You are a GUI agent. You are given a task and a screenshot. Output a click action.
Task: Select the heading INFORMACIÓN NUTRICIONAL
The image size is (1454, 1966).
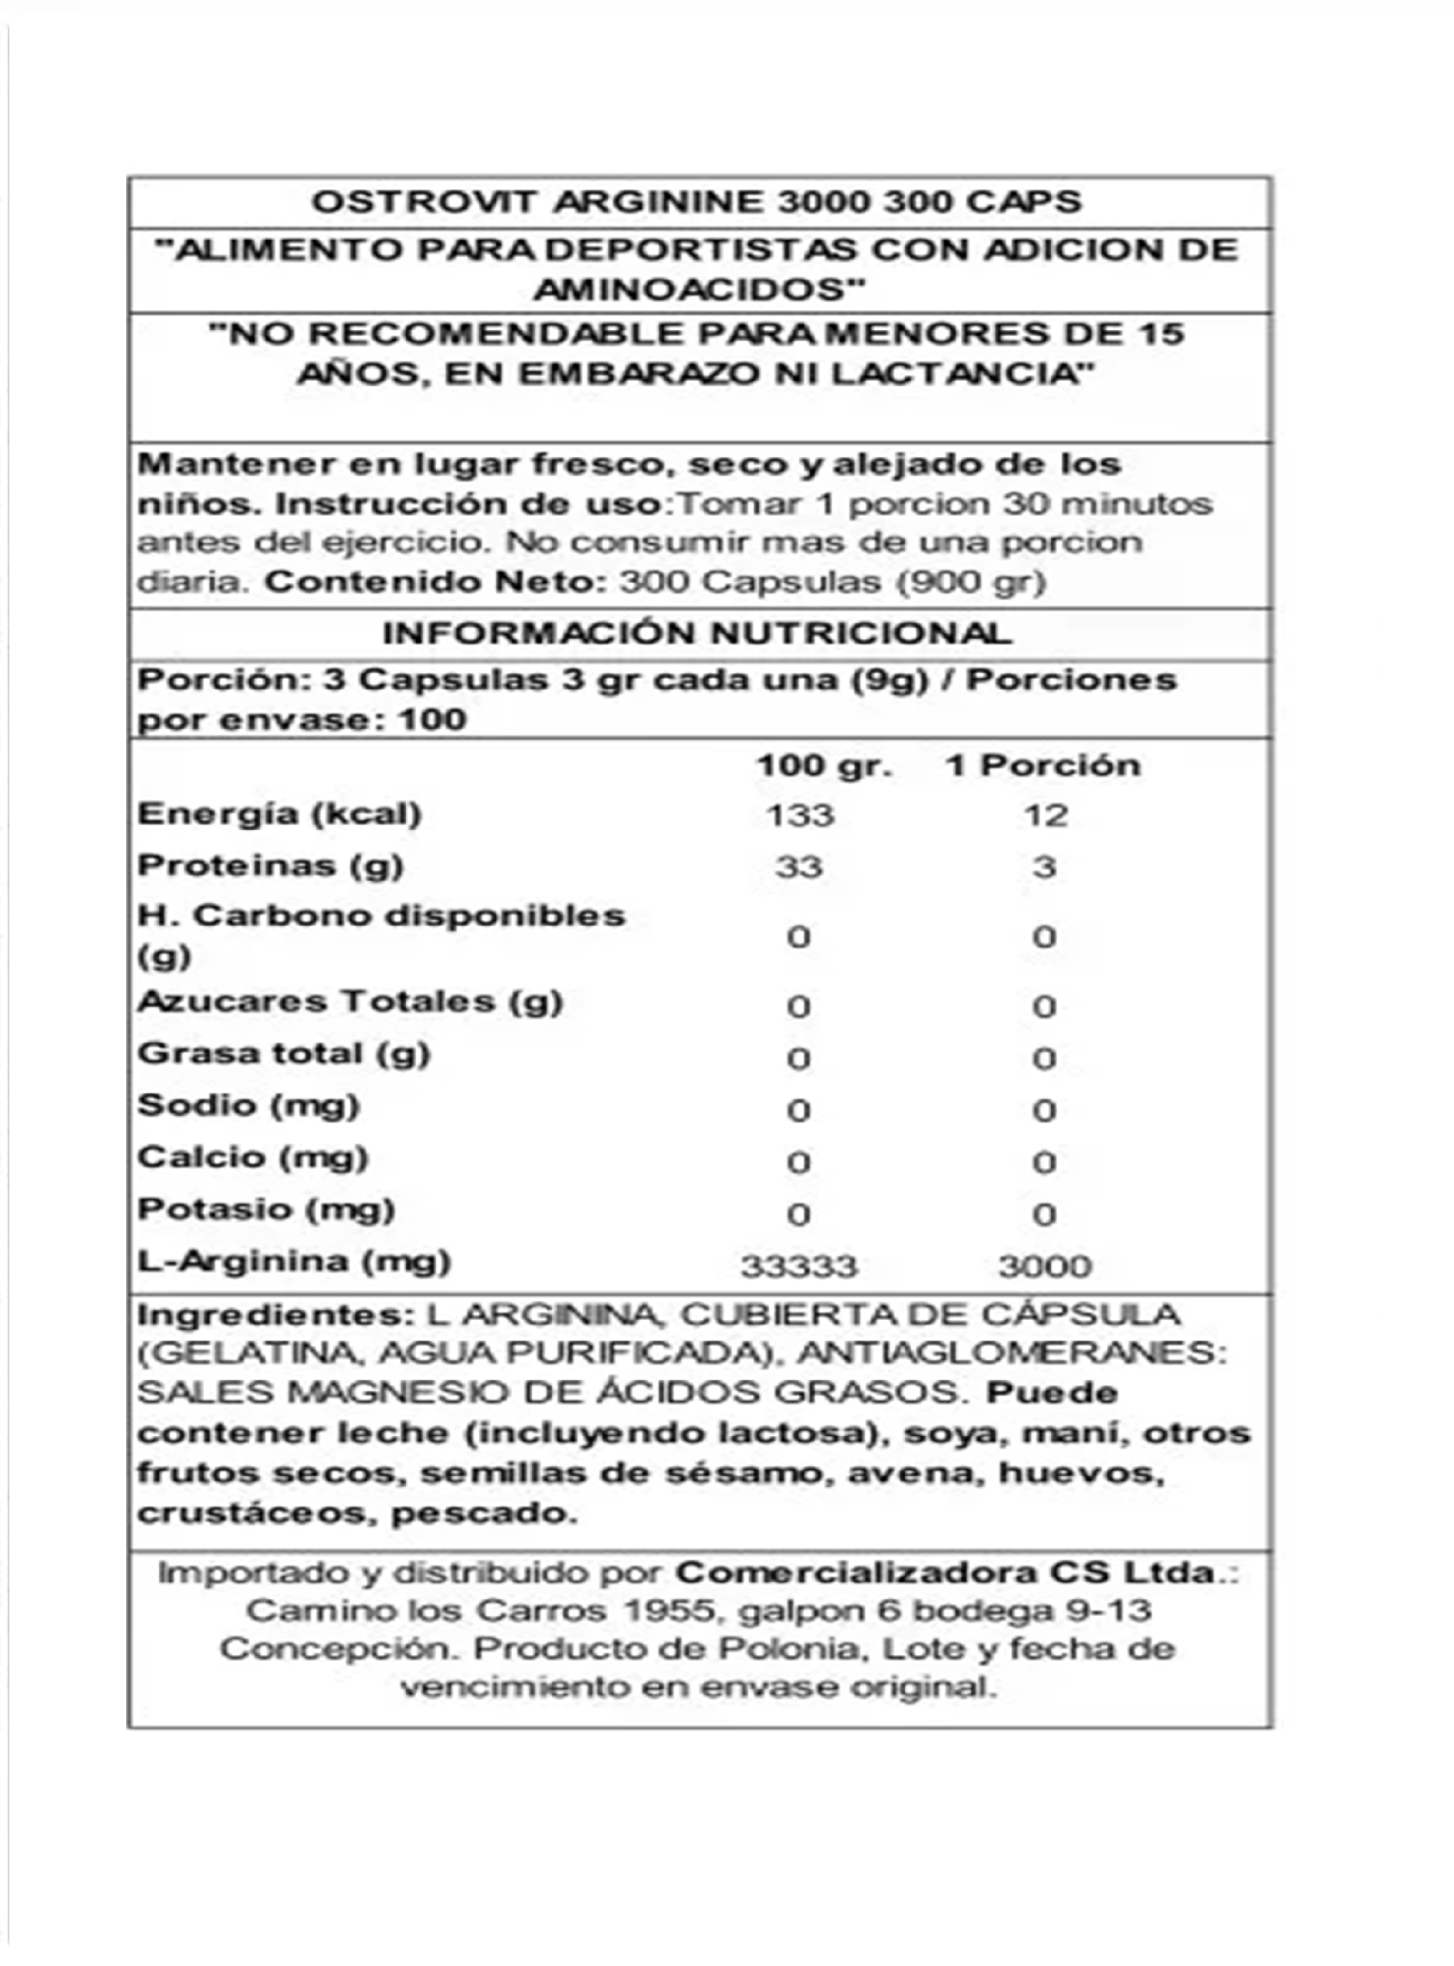coord(696,633)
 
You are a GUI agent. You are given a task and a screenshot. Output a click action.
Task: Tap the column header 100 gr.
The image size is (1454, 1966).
coord(824,765)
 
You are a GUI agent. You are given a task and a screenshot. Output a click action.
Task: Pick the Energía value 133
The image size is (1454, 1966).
coord(799,816)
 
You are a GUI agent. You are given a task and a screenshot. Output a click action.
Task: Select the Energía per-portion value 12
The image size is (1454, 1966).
coord(1045,816)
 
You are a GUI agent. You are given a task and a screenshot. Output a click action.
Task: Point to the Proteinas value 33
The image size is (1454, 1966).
coord(799,867)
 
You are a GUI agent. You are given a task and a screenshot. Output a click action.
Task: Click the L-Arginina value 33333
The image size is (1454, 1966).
coord(798,1266)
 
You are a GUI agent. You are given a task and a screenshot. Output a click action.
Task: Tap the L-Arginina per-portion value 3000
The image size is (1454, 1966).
coord(1045,1266)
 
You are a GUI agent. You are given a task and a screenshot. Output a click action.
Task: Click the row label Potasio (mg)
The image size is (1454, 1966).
coord(265,1209)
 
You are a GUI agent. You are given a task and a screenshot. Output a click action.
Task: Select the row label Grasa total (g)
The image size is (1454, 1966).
coord(283,1053)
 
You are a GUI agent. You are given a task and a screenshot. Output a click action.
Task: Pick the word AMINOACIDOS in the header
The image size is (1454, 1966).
coord(699,289)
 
